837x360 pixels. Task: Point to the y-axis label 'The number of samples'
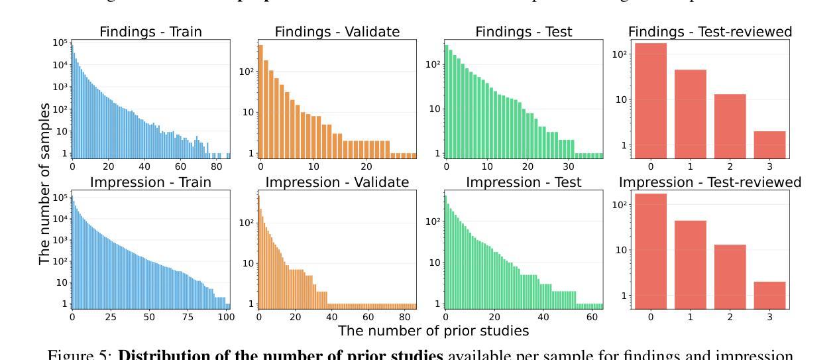(x=44, y=184)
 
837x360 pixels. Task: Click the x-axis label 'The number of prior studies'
(x=433, y=330)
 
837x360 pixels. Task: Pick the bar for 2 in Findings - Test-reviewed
(x=730, y=126)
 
